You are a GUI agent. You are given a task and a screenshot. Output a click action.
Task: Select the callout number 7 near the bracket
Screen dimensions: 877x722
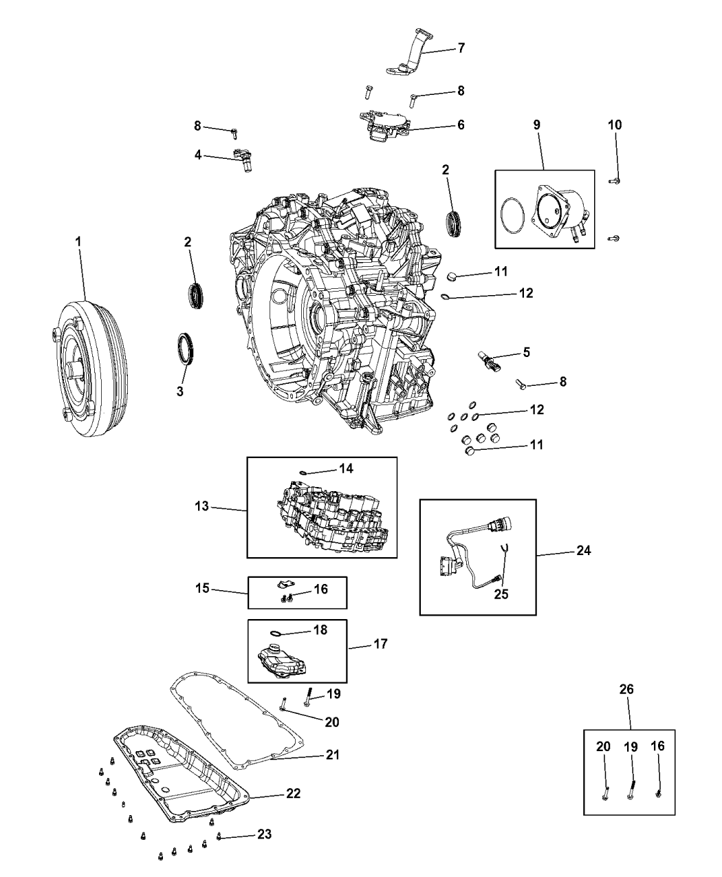461,48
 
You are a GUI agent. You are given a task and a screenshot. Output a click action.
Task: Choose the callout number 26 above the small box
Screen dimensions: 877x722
627,689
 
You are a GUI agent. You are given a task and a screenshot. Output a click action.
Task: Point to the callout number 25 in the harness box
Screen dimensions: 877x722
501,594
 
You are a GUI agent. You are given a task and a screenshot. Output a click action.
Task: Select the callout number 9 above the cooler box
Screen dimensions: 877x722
536,124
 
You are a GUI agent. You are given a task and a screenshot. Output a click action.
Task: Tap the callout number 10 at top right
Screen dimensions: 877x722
615,124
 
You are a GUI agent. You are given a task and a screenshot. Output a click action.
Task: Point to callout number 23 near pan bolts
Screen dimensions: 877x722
264,834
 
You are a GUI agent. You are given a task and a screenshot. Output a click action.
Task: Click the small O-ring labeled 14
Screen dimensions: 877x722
303,472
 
